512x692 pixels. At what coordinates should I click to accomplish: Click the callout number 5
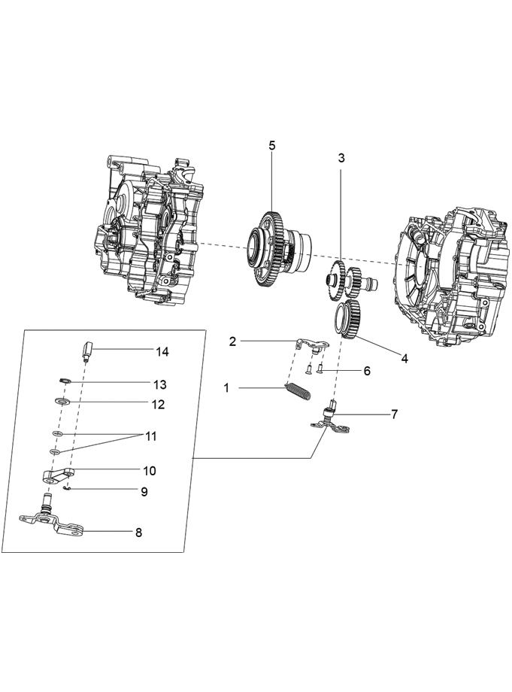pos(272,145)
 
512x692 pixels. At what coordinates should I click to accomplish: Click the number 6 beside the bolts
pos(367,371)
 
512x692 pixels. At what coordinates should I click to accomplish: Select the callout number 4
pos(404,359)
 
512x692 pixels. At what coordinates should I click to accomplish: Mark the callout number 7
pos(395,414)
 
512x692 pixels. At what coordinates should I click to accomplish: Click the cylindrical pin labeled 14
pos(86,351)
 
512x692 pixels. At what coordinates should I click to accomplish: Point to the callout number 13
pos(159,384)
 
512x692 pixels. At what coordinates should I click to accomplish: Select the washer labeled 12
pos(61,402)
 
